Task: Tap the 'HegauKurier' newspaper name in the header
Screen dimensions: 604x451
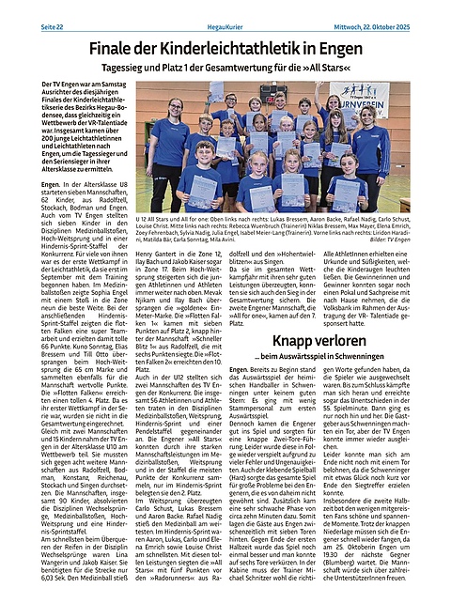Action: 225,8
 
